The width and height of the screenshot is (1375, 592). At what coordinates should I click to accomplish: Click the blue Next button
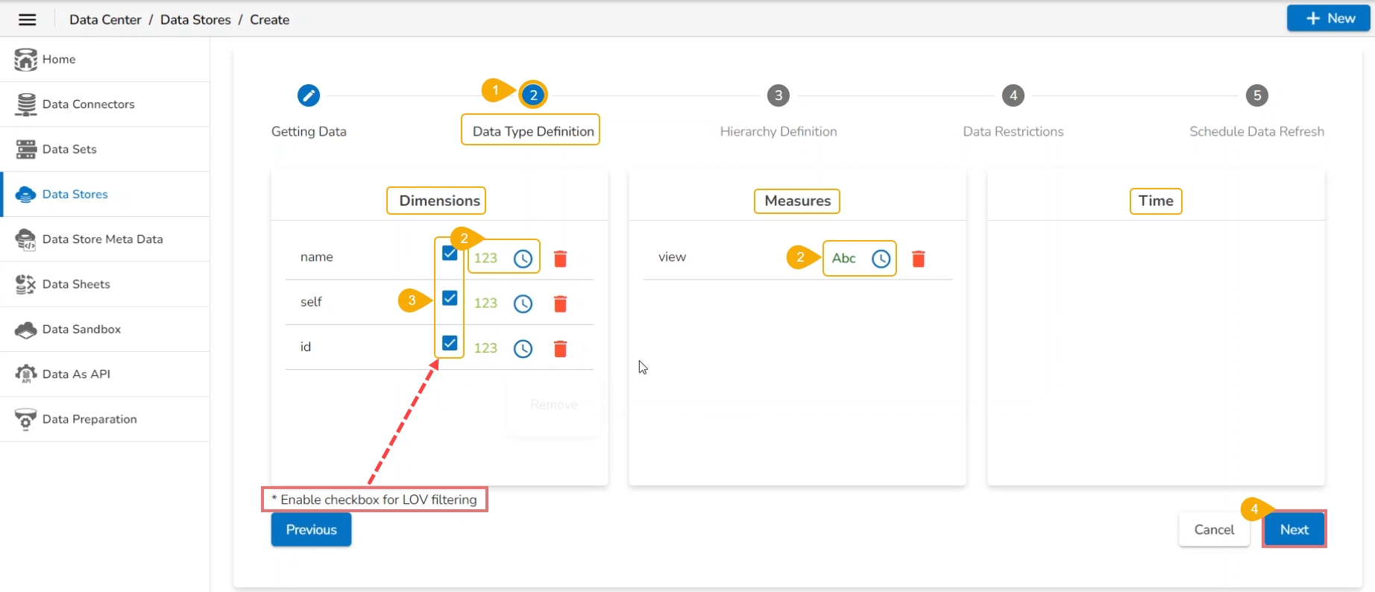coord(1294,529)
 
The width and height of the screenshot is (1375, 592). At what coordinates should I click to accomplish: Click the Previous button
coord(311,529)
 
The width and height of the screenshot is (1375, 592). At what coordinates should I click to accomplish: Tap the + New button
coord(1328,19)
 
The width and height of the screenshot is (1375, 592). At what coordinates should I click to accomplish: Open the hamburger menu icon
coord(28,19)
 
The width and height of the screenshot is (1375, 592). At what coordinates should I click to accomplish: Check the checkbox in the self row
coord(450,298)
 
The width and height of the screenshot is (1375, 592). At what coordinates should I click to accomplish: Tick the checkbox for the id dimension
coord(450,343)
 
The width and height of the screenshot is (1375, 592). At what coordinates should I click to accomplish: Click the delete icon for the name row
coord(561,259)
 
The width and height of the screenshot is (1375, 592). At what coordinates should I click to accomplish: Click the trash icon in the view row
coord(919,259)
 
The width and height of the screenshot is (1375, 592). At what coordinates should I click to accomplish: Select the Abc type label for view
coord(843,258)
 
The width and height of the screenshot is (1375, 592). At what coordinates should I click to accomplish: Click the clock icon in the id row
coord(523,348)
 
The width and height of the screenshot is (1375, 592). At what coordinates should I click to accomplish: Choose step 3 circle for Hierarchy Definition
coord(778,95)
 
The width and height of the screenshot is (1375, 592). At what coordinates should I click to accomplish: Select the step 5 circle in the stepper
coord(1257,95)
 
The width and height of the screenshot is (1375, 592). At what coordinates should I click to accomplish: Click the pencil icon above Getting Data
coord(309,95)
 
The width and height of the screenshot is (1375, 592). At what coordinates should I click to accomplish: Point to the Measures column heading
coord(797,201)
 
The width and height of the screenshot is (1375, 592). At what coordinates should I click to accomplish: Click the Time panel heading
coord(1156,201)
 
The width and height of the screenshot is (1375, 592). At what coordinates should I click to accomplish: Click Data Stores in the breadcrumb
coord(195,19)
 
